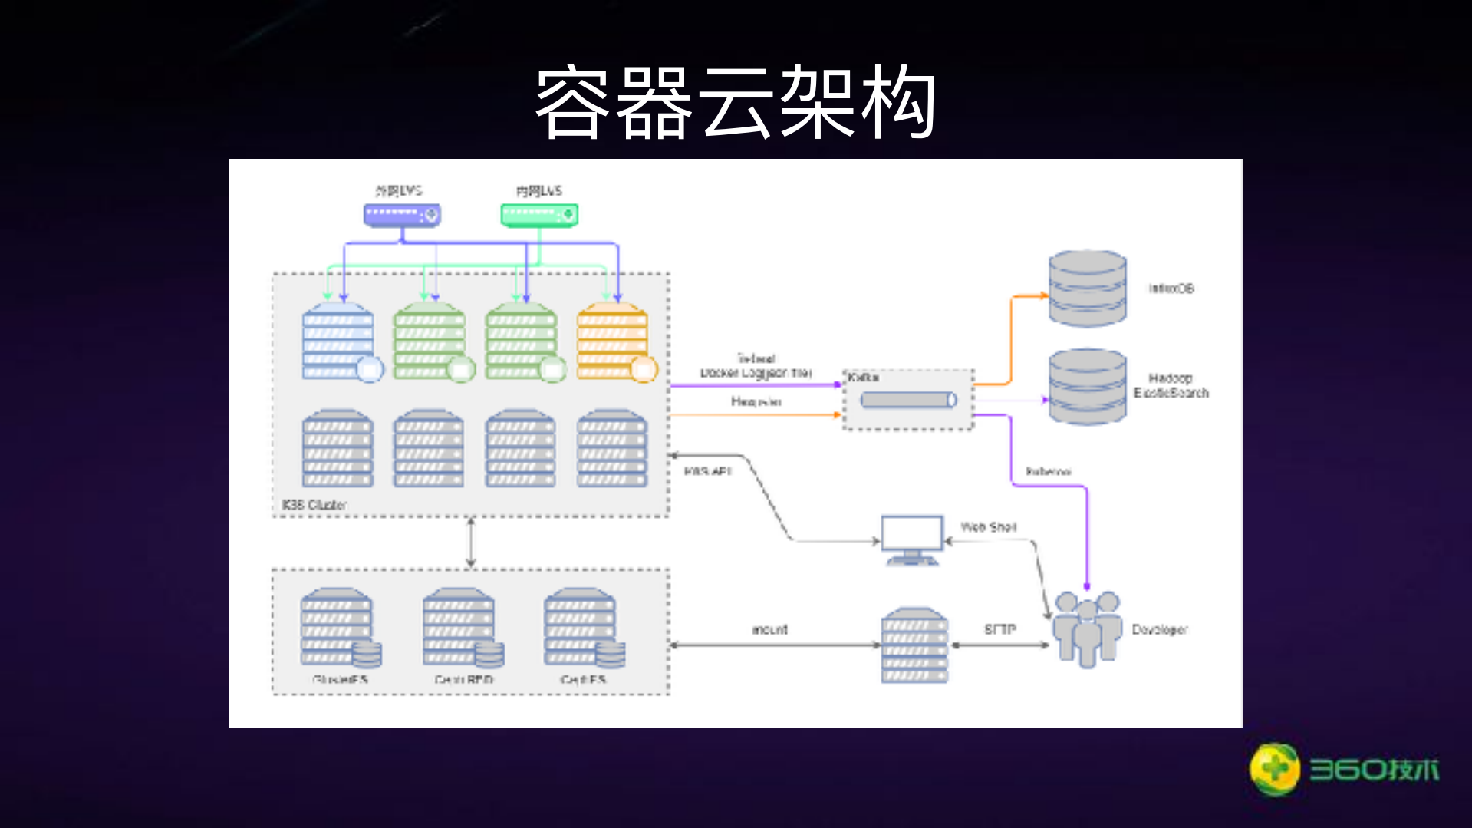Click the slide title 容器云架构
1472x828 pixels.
click(735, 102)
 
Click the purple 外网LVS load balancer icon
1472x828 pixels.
click(401, 215)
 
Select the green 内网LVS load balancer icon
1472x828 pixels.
click(538, 215)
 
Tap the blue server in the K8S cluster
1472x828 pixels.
click(338, 341)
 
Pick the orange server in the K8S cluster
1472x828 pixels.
click(613, 341)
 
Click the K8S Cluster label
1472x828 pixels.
click(314, 504)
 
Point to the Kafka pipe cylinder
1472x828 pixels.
click(908, 400)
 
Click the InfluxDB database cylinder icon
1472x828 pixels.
click(1087, 289)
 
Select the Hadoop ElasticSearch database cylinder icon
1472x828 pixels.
click(1087, 386)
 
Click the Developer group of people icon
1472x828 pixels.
click(1086, 628)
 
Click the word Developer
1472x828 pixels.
click(1159, 629)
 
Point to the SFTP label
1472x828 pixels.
click(999, 629)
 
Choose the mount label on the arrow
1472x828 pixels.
click(769, 629)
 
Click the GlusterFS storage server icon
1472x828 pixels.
click(338, 628)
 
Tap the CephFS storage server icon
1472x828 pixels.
click(582, 628)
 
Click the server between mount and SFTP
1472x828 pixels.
click(914, 645)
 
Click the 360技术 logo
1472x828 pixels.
click(1344, 769)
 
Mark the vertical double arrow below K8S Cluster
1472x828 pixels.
click(471, 542)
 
